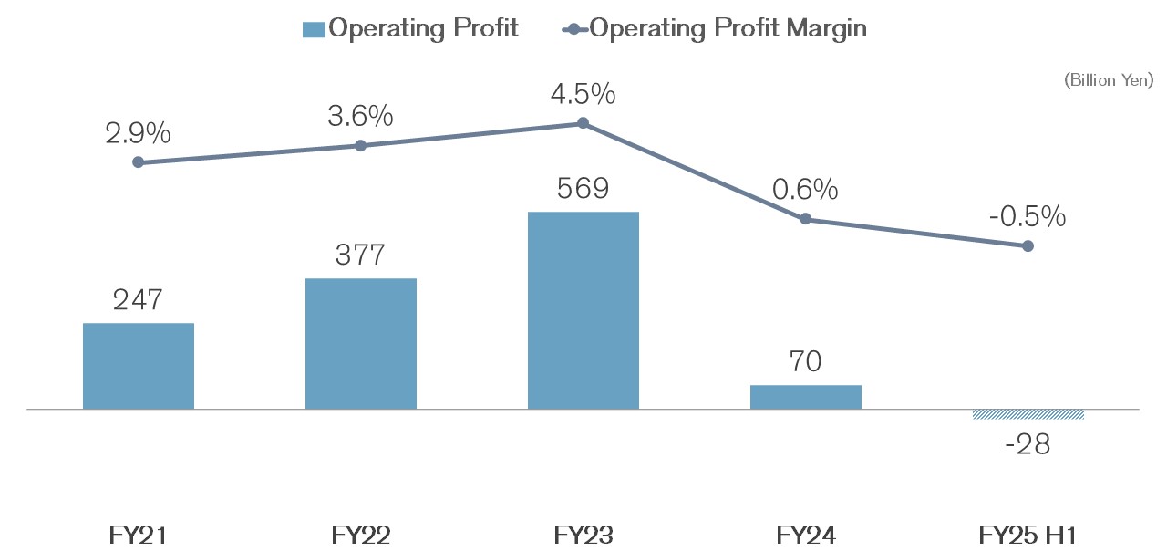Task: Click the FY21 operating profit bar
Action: tap(139, 366)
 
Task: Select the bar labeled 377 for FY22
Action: tap(361, 344)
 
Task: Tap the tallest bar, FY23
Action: tap(583, 310)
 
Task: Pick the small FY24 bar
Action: tap(806, 397)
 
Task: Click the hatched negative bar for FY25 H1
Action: tap(1028, 414)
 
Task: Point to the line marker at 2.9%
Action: tap(139, 162)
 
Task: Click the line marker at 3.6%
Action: tap(361, 145)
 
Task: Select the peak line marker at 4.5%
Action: tap(583, 123)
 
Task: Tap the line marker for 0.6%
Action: tap(806, 219)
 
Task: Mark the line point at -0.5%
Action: tap(1028, 245)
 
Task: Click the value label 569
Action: tap(583, 189)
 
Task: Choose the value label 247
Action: tap(139, 300)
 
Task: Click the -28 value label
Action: tap(1028, 444)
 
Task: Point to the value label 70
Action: tap(806, 362)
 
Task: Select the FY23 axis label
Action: tap(583, 535)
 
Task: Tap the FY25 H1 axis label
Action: tap(1028, 535)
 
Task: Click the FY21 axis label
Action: tap(139, 535)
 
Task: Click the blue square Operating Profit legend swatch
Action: tap(314, 29)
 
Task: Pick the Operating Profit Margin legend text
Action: tap(728, 28)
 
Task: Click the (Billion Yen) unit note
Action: tap(1109, 80)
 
